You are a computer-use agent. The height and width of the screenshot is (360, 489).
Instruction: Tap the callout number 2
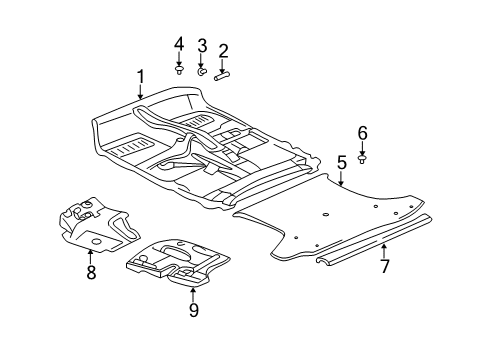click(x=223, y=50)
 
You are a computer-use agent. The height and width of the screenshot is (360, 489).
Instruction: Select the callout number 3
click(x=202, y=46)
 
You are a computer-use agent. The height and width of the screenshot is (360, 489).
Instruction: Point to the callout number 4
click(x=179, y=43)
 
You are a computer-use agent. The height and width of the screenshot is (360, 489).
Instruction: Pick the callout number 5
click(x=341, y=160)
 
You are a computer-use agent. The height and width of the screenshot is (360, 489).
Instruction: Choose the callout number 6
click(x=363, y=132)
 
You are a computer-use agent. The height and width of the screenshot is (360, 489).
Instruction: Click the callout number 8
click(x=91, y=272)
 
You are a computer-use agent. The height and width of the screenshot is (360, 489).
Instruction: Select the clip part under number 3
click(x=201, y=72)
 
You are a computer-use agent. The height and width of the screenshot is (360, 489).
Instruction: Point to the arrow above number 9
click(x=193, y=289)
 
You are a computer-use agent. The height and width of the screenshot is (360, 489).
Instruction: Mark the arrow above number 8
click(x=91, y=252)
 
